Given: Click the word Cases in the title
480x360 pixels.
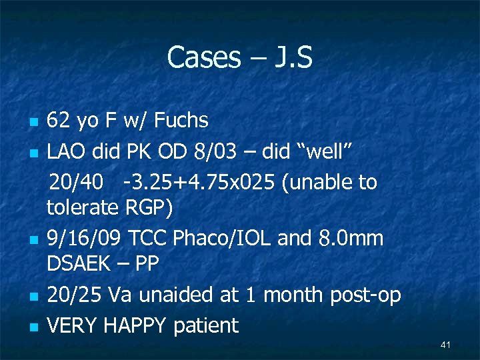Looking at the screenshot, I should (x=203, y=57).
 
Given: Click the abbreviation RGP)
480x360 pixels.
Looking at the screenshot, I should (x=149, y=208).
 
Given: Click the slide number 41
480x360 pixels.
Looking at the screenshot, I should (x=446, y=345).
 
